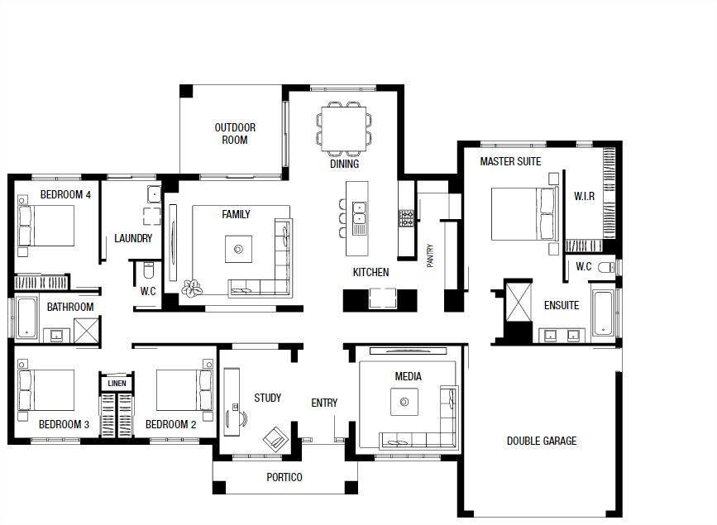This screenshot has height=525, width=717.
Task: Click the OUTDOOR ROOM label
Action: [x=235, y=134]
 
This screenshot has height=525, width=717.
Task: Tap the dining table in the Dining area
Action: [x=343, y=127]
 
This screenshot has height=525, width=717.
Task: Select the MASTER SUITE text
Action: [x=510, y=161]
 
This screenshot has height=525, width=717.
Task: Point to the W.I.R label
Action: [x=584, y=196]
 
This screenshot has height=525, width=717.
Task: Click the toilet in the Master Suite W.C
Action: [x=606, y=266]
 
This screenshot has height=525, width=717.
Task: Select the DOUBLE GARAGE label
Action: [x=542, y=441]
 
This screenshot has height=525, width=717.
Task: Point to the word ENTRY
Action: [x=324, y=403]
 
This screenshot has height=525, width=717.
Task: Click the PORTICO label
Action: [x=284, y=477]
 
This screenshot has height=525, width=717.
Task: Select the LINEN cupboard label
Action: [x=117, y=384]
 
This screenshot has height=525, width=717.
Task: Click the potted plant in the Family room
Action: [x=193, y=288]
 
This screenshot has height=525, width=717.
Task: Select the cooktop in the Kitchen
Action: [x=406, y=218]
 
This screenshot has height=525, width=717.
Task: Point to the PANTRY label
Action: [x=430, y=255]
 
